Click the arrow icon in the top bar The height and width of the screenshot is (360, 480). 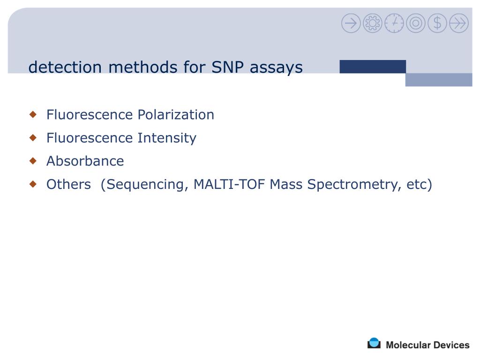tap(351, 23)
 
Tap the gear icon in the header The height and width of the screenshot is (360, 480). tap(373, 23)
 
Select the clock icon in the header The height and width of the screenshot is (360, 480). tap(394, 23)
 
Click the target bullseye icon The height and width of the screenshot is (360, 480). tap(416, 23)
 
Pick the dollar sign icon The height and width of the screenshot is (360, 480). tap(437, 23)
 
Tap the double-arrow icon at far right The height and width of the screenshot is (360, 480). tap(459, 23)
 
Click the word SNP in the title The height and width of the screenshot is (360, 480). tap(228, 67)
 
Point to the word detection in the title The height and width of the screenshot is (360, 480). tap(65, 67)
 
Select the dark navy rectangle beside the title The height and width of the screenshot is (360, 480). tap(373, 67)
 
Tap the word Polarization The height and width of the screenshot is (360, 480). tap(175, 115)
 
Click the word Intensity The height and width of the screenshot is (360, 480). tap(166, 138)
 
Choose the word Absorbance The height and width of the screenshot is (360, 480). tap(85, 161)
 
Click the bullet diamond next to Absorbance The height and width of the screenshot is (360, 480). tap(33, 161)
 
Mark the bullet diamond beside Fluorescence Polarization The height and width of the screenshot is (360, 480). tap(33, 114)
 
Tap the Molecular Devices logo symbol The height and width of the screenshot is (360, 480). tap(374, 344)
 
